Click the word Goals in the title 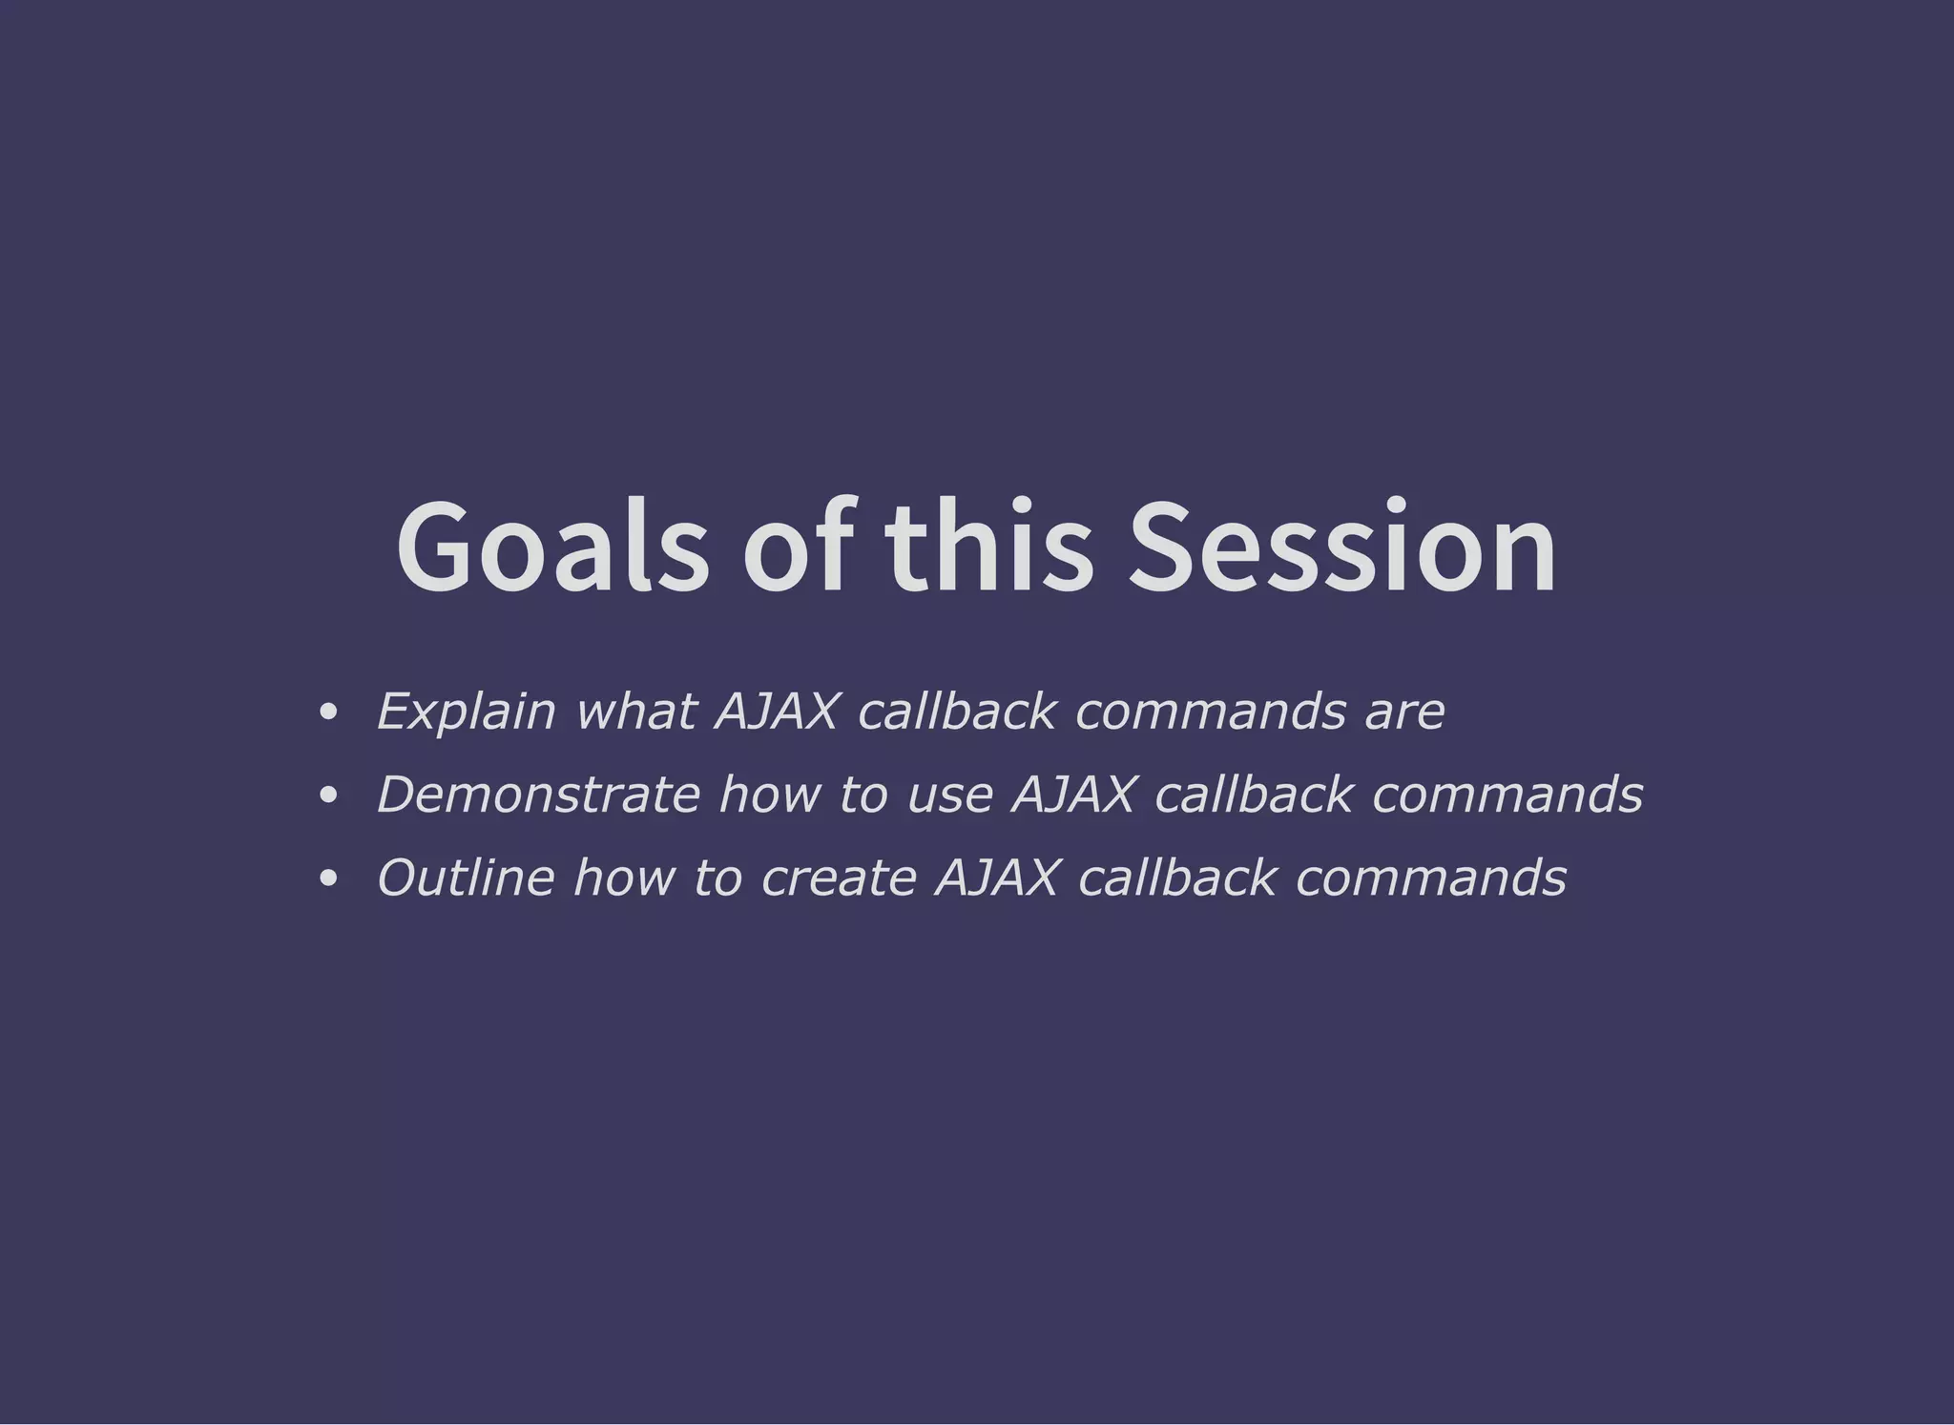click(552, 548)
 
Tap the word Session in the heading click(1341, 548)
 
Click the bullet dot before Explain click(328, 712)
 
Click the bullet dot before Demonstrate click(328, 795)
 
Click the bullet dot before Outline click(328, 878)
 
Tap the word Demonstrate click(538, 795)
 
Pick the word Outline click(466, 878)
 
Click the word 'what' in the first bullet click(635, 712)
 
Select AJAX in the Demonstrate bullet click(1073, 795)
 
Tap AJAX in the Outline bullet click(997, 878)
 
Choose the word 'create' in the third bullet click(839, 878)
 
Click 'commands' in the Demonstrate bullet click(1507, 795)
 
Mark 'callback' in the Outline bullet click(1176, 878)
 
